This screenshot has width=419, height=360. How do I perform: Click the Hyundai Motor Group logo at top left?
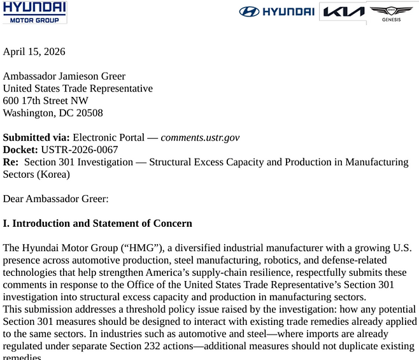click(34, 12)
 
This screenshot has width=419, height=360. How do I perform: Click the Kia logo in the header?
click(343, 11)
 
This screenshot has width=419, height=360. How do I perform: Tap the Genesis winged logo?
click(391, 13)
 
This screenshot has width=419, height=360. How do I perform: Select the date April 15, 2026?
click(34, 52)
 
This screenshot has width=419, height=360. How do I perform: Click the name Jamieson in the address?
click(85, 76)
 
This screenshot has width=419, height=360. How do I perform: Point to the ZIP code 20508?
click(89, 113)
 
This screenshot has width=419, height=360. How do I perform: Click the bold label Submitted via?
click(36, 138)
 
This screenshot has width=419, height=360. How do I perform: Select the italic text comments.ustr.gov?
click(200, 138)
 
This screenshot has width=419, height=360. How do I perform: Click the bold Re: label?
click(11, 162)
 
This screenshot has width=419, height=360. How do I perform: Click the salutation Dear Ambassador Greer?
click(56, 199)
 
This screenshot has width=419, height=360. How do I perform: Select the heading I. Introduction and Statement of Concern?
click(97, 224)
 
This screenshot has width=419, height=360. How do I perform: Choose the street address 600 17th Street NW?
click(46, 101)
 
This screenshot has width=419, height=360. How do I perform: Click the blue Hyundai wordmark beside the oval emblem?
click(288, 11)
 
